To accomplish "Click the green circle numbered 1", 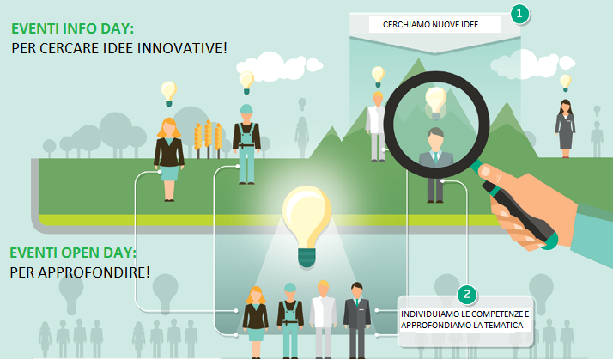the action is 519,14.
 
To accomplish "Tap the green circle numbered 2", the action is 467,294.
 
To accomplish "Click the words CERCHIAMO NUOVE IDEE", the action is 430,25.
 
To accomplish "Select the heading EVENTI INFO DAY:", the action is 72,28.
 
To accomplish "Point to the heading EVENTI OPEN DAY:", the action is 73,253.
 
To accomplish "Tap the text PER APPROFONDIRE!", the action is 80,272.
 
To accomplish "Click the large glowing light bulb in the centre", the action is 306,227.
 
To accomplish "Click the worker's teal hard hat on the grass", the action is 246,109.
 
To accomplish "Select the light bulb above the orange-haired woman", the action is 169,94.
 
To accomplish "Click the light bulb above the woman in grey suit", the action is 565,83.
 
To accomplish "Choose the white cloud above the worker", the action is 279,65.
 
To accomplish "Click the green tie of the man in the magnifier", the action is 435,157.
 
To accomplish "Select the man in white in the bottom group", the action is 324,319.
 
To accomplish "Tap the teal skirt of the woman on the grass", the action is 169,173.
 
